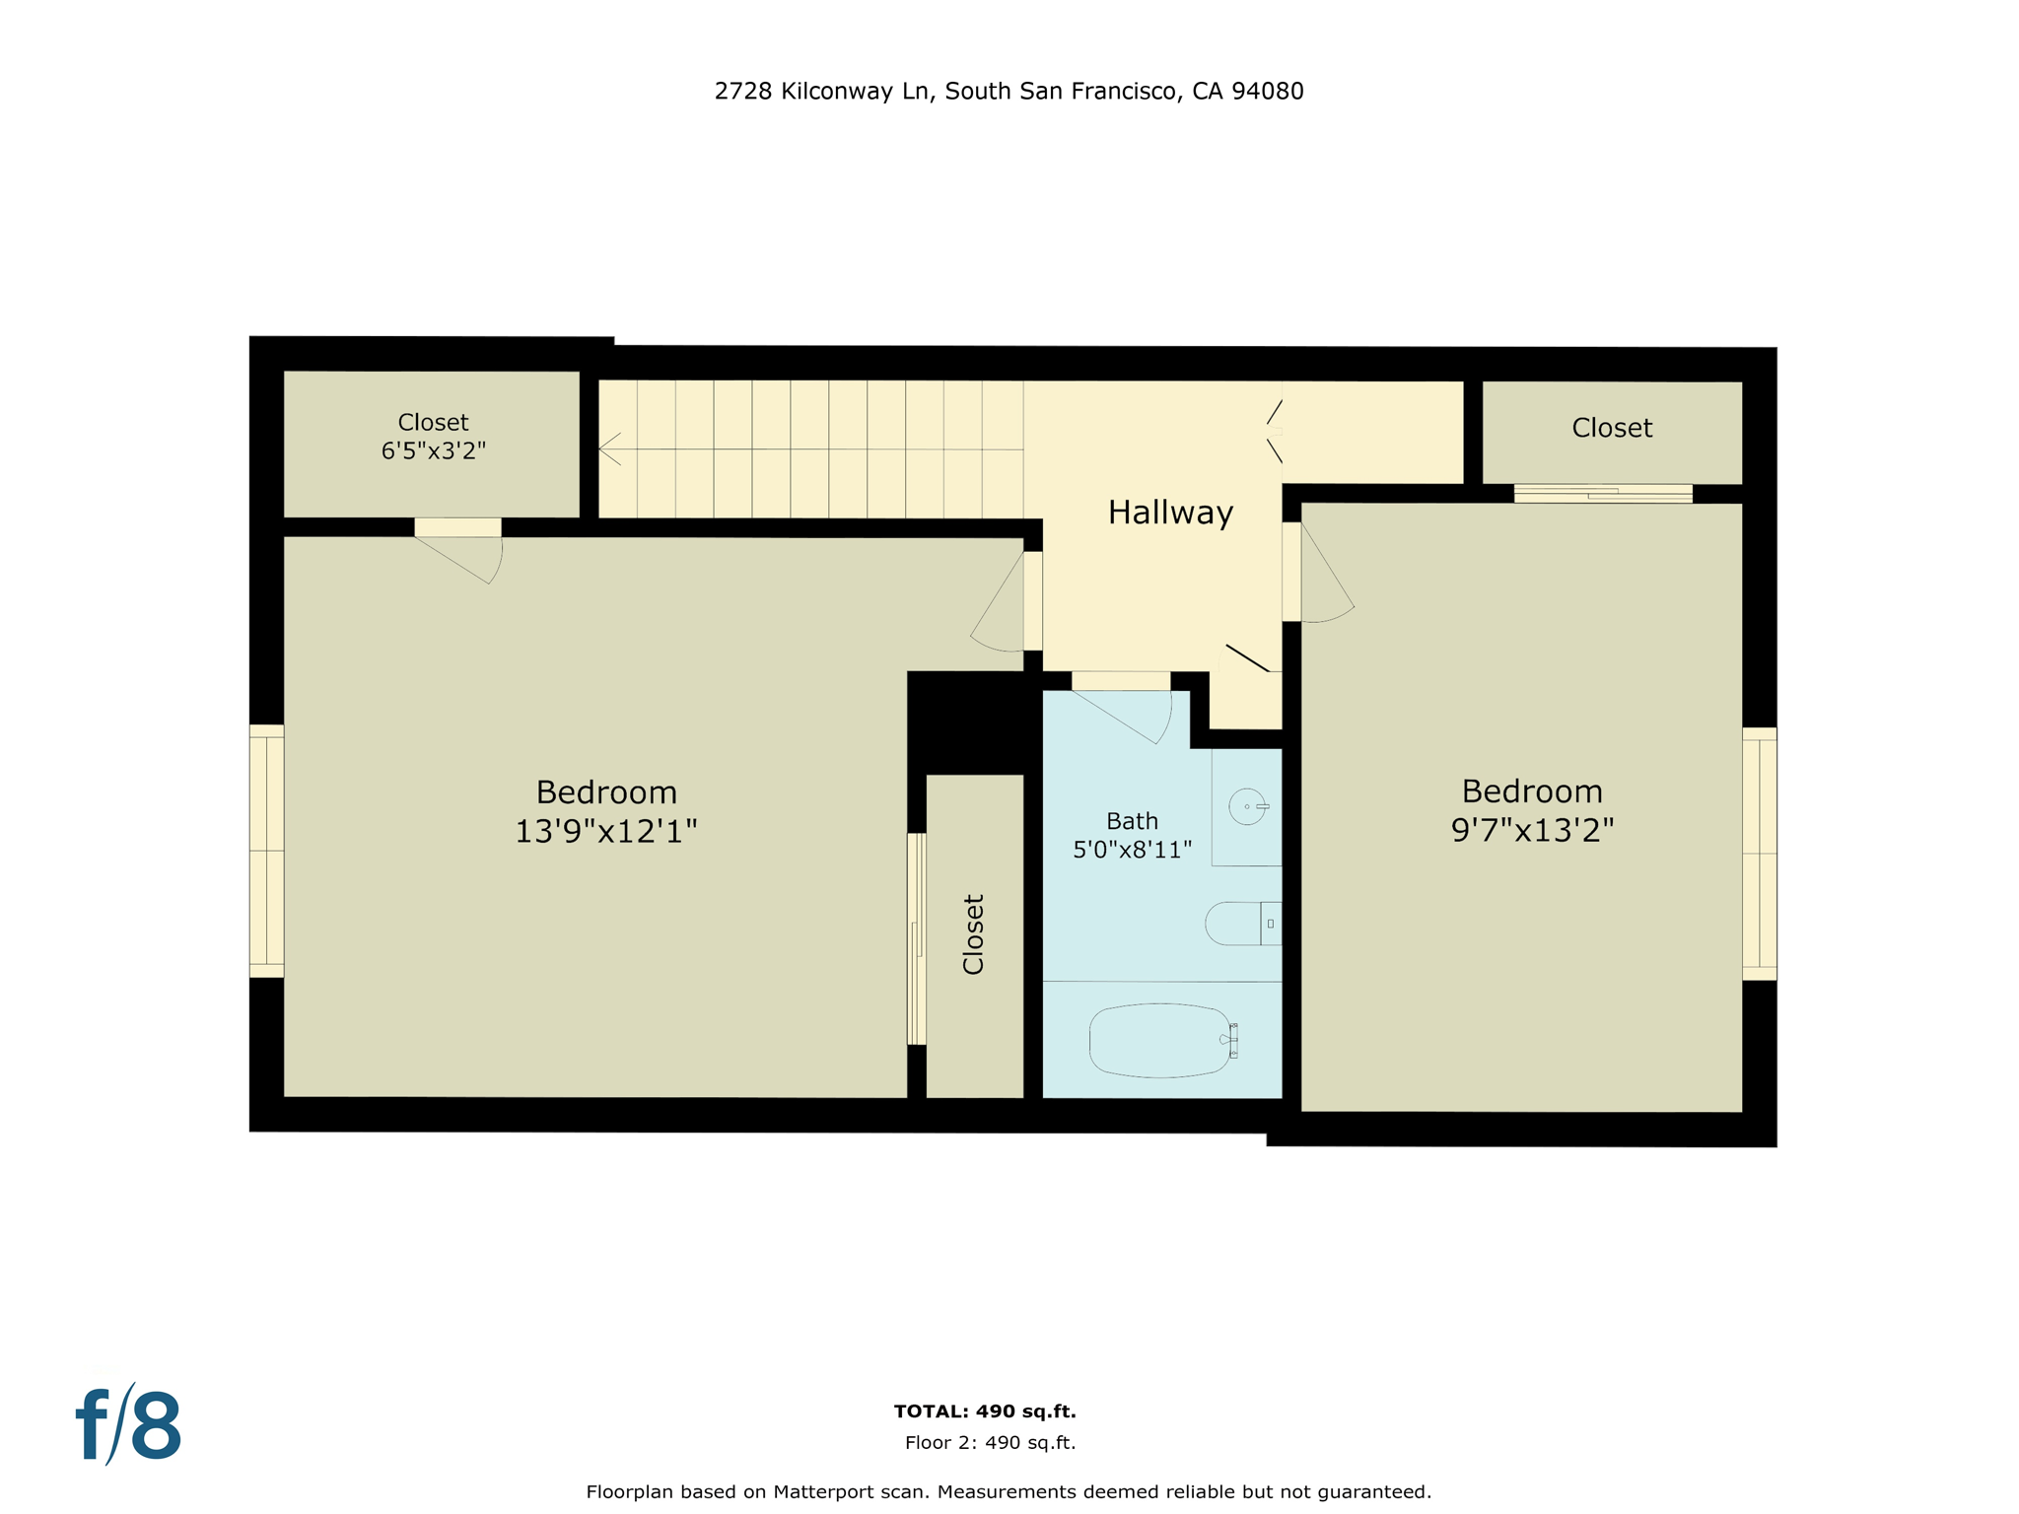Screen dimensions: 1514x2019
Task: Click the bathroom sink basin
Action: tap(1247, 806)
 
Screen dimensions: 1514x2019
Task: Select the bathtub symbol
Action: tap(1161, 1040)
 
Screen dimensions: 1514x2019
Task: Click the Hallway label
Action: tap(1170, 513)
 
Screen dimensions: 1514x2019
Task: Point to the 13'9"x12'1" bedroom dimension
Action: tap(605, 831)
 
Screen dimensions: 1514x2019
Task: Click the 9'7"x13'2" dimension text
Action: tap(1532, 830)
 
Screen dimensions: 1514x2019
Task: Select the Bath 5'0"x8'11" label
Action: tap(1132, 835)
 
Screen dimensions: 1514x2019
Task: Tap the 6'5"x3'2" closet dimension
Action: tap(433, 450)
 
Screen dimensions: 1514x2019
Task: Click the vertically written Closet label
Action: tap(973, 934)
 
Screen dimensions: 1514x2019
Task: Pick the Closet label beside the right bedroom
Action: tap(1611, 428)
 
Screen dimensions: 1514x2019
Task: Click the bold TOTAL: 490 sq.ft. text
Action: tap(984, 1411)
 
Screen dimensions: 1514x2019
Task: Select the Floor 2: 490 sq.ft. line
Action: tap(990, 1443)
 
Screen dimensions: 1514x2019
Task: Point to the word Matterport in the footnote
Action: tap(850, 1492)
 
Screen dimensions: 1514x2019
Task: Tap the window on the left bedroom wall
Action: tap(266, 851)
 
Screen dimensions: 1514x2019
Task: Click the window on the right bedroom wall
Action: tap(1759, 854)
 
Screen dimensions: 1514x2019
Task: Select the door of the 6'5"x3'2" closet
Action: tap(457, 528)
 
